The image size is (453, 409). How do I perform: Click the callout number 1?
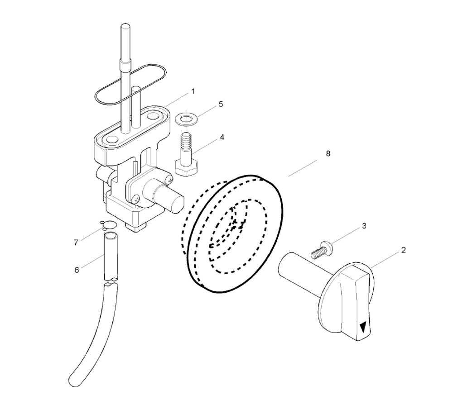coord(193,92)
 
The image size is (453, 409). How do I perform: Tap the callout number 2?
coord(404,250)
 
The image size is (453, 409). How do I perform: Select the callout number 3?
coord(364,226)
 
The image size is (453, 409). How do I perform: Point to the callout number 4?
coord(222,137)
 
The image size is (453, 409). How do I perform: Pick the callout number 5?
coord(221,104)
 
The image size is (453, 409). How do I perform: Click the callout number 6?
coord(77,270)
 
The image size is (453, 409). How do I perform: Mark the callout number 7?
coord(76,243)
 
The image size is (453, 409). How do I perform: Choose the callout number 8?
coord(328,153)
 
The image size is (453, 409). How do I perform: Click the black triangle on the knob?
coord(363,328)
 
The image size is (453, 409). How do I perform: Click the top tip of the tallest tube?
coord(125,25)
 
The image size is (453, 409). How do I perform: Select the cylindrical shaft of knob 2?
coord(300,276)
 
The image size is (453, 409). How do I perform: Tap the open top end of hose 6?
coord(111,236)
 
